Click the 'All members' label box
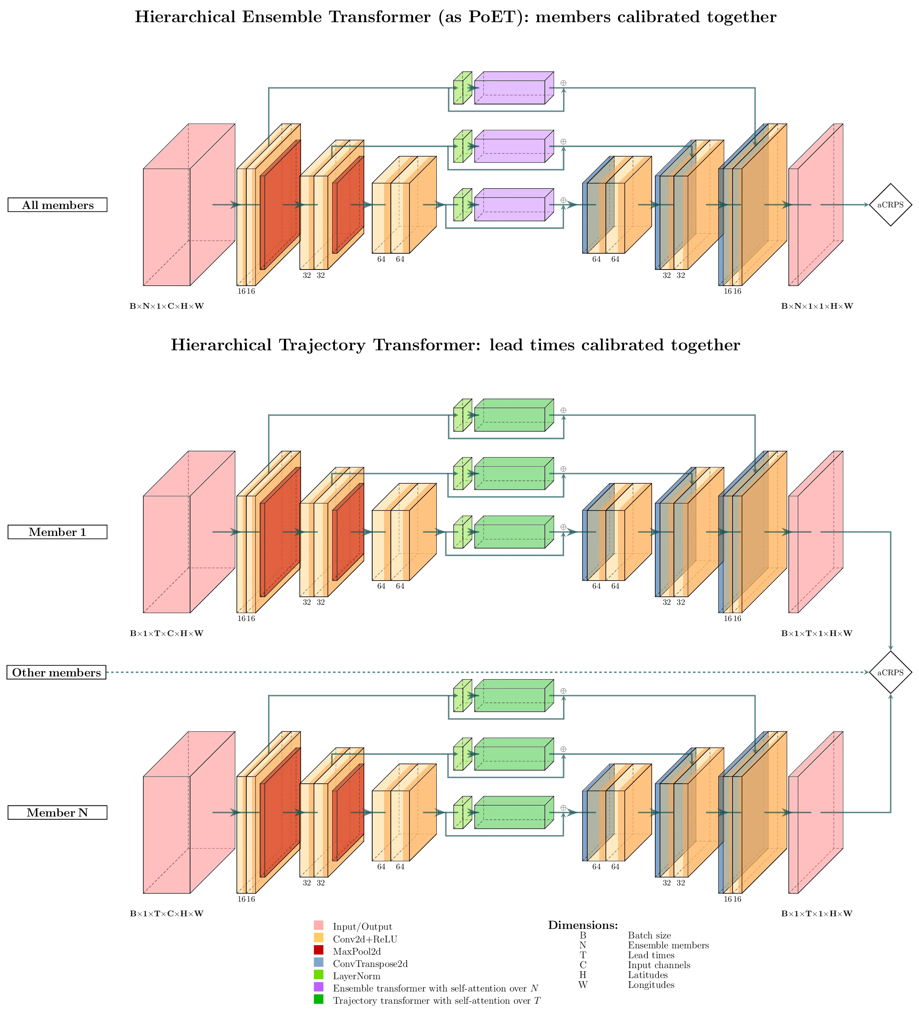57,205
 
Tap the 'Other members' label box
57,672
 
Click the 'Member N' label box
57,813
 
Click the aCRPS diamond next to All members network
890,205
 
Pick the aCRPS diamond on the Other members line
890,672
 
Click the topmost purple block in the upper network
510,91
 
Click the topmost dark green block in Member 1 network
510,419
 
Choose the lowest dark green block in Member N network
510,816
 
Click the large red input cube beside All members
171,227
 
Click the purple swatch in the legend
319,987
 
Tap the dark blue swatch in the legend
319,962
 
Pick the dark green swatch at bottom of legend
319,1000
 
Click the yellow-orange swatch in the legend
319,937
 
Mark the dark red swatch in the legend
319,950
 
